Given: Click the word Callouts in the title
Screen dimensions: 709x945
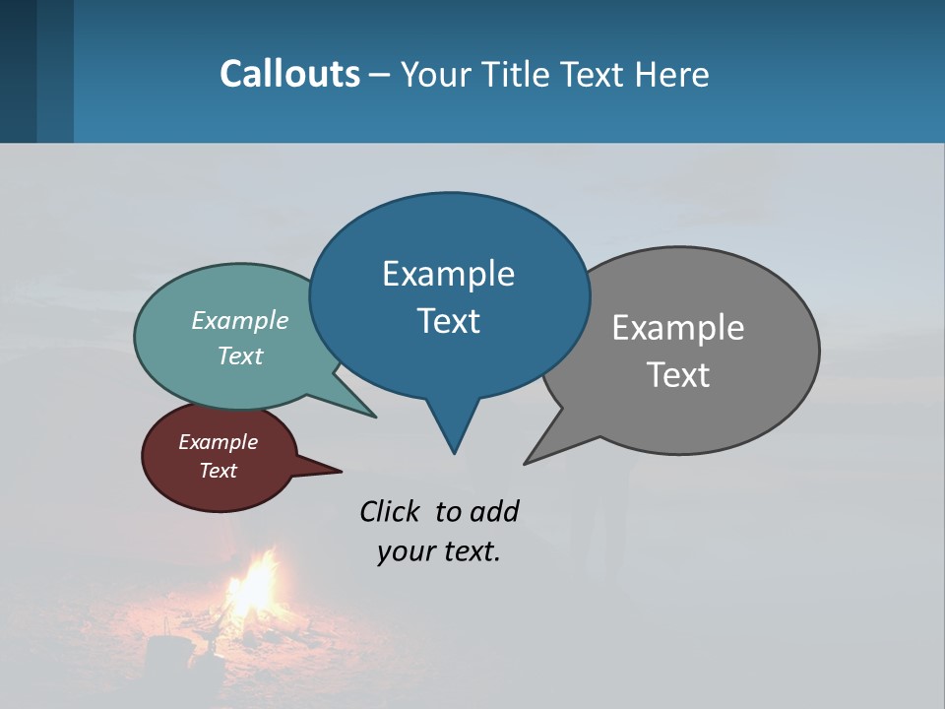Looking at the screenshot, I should [289, 74].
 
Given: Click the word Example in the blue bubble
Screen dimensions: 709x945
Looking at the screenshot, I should [448, 274].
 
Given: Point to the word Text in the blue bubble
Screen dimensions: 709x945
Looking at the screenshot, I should [448, 321].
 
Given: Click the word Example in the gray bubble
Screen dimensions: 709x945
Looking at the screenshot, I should [677, 328].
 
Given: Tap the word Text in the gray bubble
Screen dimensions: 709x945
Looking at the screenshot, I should [678, 375].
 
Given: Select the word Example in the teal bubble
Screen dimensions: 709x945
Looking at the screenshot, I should [239, 321].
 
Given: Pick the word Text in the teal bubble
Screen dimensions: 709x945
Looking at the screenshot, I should [239, 356].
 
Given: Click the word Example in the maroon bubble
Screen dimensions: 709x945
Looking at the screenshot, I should [218, 442].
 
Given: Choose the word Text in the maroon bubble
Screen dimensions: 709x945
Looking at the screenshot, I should [218, 471].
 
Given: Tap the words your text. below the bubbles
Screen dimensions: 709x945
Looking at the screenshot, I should [438, 551].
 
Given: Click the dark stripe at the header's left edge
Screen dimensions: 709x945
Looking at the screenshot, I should [19, 71].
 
